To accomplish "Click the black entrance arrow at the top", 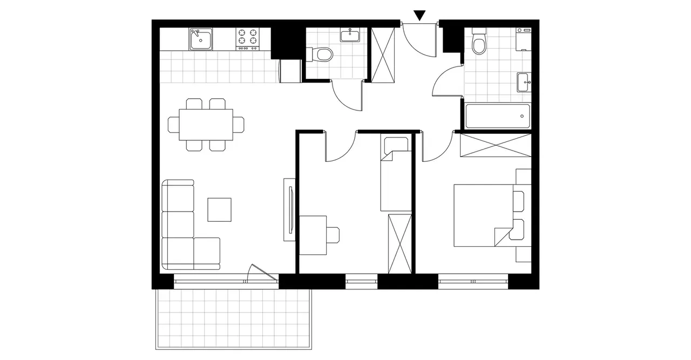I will coord(419,16).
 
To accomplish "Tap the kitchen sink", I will coord(201,39).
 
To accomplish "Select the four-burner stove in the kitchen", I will coord(248,39).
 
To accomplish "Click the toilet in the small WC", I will coord(322,55).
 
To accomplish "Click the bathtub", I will coord(496,116).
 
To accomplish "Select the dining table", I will coord(206,124).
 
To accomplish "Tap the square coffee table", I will coord(220,209).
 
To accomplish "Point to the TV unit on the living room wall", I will coord(289,210).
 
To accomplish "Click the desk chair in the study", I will coord(331,234).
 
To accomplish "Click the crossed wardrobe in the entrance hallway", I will coord(384,55).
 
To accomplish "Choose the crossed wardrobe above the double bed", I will coord(495,146).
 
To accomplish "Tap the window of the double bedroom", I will coord(473,281).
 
